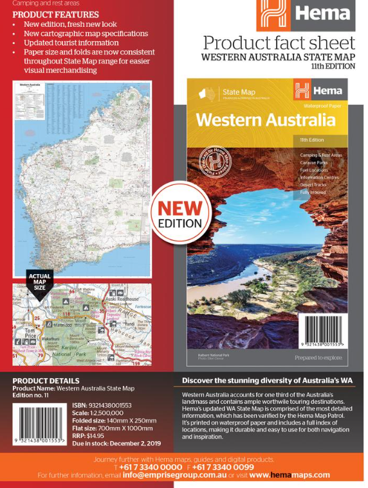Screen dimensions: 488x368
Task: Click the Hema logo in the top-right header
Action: pos(306,15)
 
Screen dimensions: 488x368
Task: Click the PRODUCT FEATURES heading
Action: pos(55,14)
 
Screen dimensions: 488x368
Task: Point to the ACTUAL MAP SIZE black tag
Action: pos(39,283)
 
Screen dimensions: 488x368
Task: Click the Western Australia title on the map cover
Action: pos(266,120)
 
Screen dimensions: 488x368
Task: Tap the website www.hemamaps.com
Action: pos(290,475)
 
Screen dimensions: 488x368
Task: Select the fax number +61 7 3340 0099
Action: pos(222,467)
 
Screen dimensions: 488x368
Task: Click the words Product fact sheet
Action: pos(279,43)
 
